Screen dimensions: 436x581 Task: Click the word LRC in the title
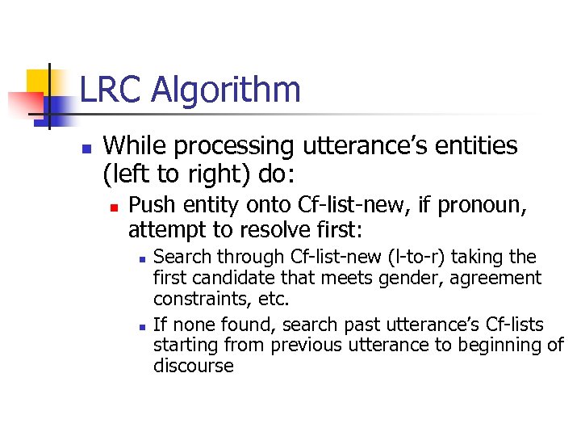click(109, 90)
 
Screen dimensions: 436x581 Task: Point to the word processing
click(235, 148)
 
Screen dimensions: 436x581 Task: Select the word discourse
click(194, 366)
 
